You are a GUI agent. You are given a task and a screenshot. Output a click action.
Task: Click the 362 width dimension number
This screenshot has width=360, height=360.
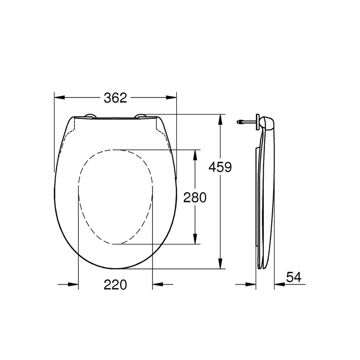pyautogui.click(x=115, y=98)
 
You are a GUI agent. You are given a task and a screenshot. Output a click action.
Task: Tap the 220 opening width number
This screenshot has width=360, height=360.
pyautogui.click(x=115, y=285)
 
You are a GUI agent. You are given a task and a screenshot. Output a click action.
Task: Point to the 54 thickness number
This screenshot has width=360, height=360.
pyautogui.click(x=294, y=277)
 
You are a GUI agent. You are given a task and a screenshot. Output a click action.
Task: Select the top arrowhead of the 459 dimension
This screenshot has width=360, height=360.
pyautogui.click(x=220, y=120)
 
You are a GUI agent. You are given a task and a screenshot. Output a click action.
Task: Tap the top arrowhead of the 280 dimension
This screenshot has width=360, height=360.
pyautogui.click(x=195, y=155)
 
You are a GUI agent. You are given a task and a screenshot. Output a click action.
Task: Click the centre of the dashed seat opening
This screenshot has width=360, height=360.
pyautogui.click(x=115, y=197)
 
